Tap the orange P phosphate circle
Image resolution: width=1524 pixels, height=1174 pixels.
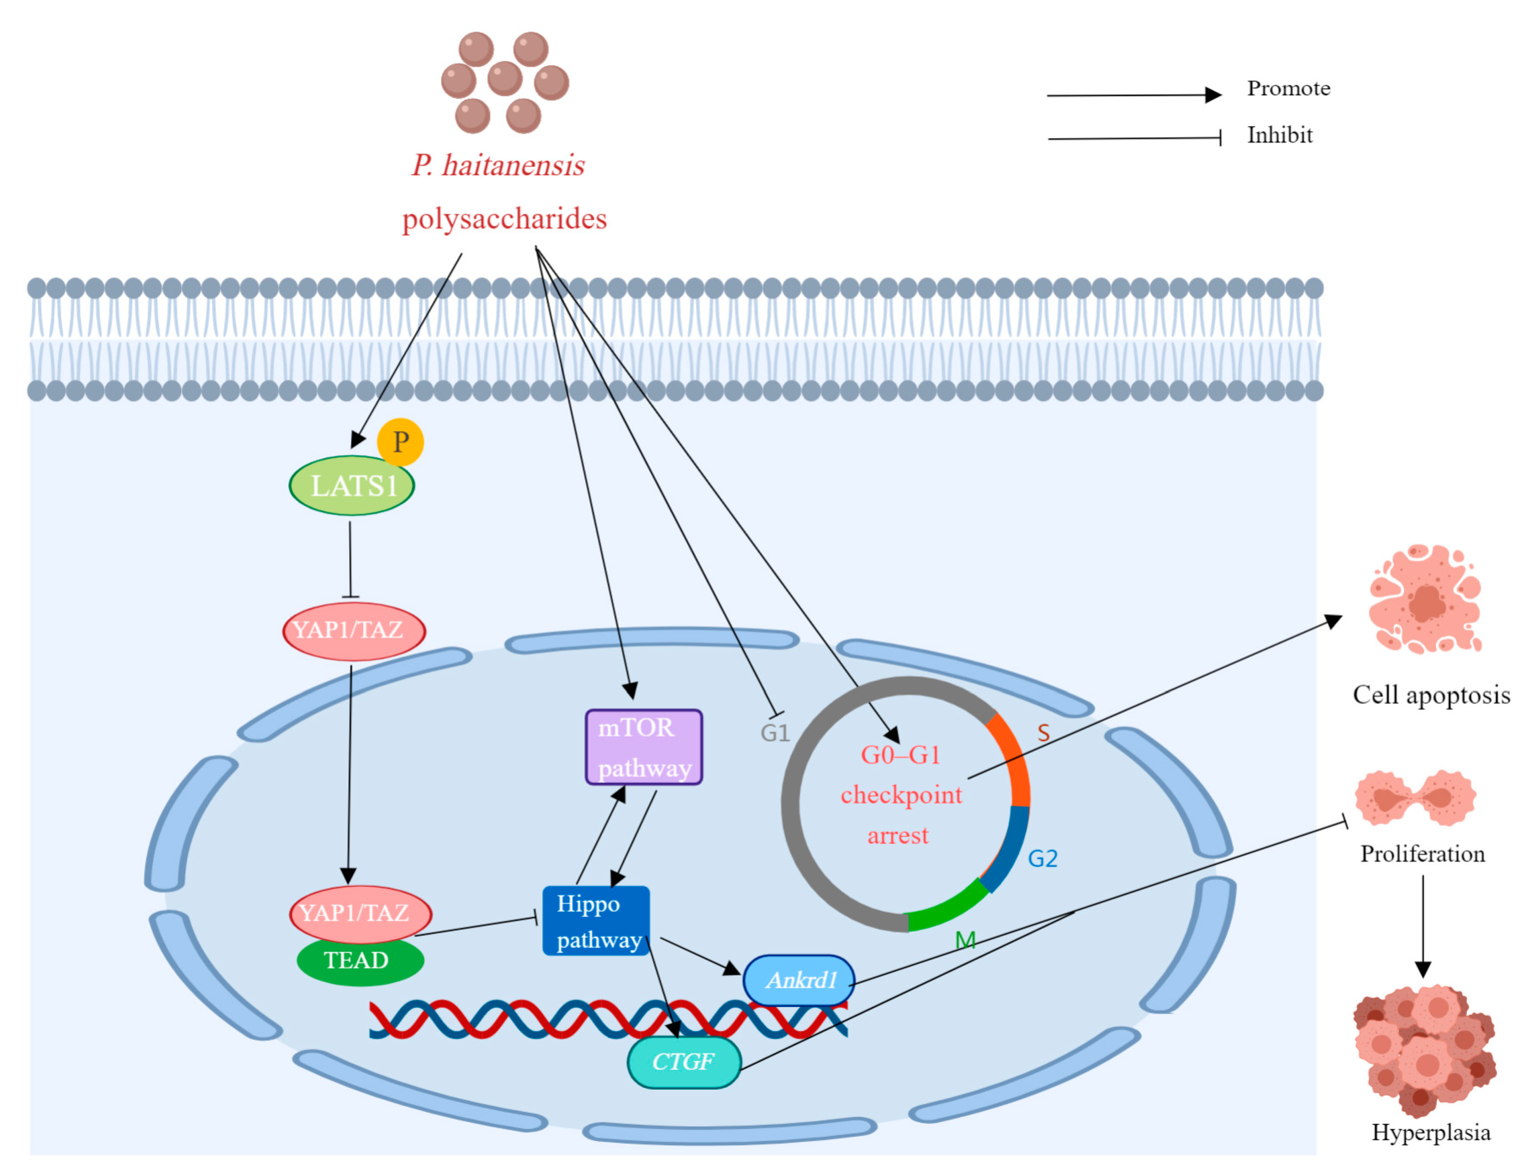tap(401, 442)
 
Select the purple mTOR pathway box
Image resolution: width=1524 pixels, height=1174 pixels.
tap(643, 747)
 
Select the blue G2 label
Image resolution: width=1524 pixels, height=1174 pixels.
tap(1043, 858)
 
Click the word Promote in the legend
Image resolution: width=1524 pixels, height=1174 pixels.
tap(1288, 89)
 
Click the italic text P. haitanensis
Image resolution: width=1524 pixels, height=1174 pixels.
tap(498, 166)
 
